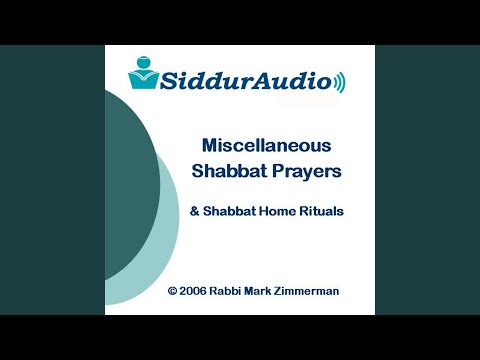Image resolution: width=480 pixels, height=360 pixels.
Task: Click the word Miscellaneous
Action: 266,144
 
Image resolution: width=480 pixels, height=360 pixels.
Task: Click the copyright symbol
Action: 173,291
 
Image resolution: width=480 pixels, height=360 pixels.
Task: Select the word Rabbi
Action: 233,291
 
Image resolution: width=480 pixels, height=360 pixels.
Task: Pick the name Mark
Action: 271,291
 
